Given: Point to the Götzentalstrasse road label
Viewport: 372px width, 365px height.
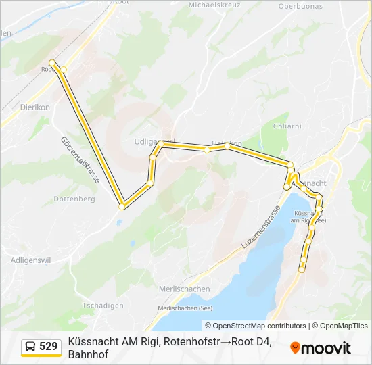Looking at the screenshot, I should point(80,160).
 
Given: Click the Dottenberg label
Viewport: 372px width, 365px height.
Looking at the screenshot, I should point(74,199).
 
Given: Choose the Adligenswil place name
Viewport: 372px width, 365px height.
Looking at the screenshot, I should point(30,260).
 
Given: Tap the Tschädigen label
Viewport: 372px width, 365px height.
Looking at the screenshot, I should point(103,306).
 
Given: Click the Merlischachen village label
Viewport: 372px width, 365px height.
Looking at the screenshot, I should point(184,289).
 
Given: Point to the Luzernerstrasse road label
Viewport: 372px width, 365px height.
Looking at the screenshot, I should point(261,226).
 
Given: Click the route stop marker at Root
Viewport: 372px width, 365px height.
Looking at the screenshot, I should point(52,63).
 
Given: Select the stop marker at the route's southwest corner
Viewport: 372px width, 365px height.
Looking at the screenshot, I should point(122,206).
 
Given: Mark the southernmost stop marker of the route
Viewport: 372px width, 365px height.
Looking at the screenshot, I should point(302,270).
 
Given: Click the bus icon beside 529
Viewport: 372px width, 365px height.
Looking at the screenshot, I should point(30,347).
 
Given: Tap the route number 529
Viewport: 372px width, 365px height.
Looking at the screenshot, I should point(49,347).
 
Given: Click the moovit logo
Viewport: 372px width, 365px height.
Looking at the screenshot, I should point(321,348).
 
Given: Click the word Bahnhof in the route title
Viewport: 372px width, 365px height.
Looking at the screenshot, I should point(88,354).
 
